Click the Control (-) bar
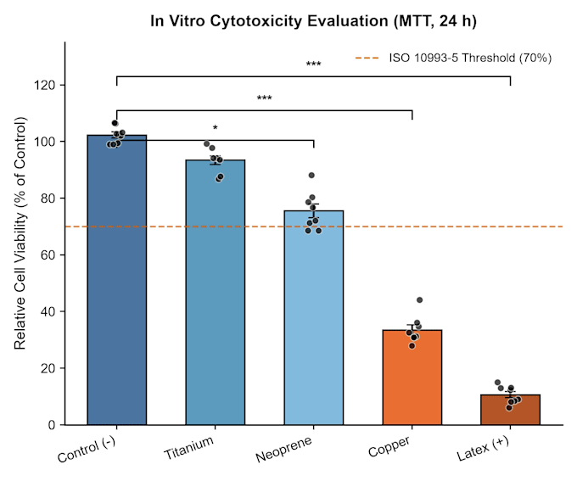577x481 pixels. click(116, 280)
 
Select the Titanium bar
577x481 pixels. click(216, 292)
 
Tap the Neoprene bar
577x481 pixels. click(313, 317)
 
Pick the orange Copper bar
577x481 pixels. click(412, 378)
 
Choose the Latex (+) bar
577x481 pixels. click(511, 410)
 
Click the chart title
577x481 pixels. click(313, 21)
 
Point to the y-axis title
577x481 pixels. click(20, 233)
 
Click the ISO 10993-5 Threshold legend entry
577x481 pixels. click(453, 59)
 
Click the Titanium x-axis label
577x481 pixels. click(188, 448)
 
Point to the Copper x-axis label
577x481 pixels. click(389, 446)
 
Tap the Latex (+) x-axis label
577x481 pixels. click(483, 448)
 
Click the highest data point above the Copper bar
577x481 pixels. click(419, 300)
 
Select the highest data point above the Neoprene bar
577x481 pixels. click(311, 175)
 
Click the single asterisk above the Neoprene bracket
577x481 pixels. click(216, 128)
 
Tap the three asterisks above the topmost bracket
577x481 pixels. click(313, 64)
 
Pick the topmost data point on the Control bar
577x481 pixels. click(115, 123)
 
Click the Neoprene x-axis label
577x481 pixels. click(283, 450)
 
